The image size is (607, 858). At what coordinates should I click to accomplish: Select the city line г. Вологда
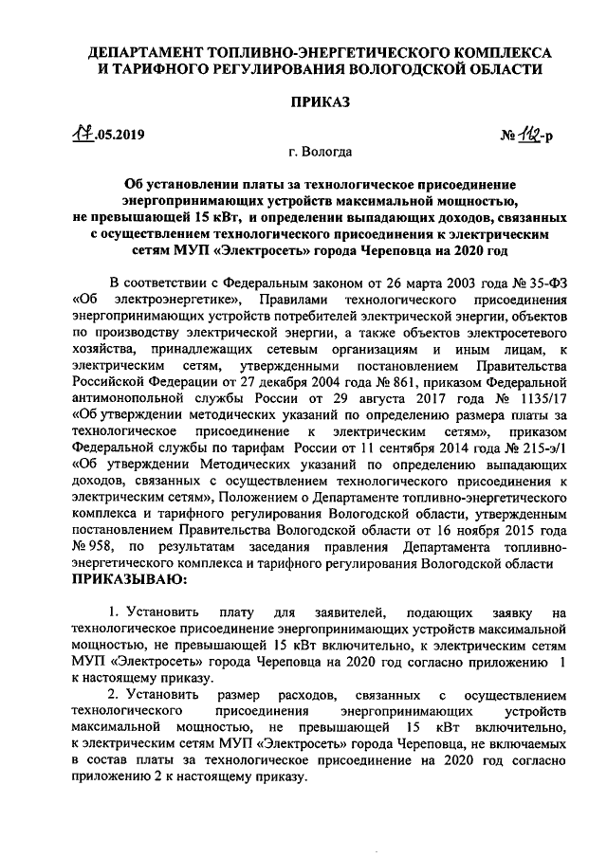322,152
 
